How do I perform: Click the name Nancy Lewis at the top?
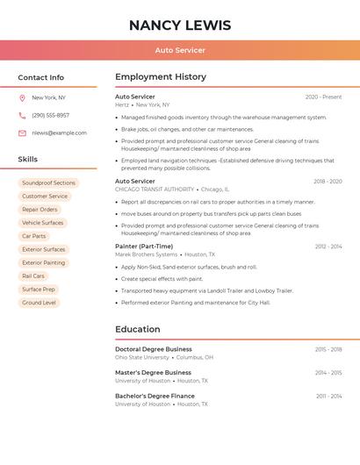click(180, 25)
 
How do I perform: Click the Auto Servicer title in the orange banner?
click(180, 50)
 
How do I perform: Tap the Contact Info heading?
click(41, 77)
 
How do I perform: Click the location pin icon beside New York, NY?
click(22, 98)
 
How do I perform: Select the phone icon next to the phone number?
click(22, 115)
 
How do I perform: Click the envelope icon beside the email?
click(22, 133)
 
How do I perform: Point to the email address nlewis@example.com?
click(59, 133)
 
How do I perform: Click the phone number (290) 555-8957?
click(50, 115)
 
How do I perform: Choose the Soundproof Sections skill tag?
click(48, 182)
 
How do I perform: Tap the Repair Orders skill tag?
click(40, 210)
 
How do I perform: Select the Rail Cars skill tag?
click(33, 275)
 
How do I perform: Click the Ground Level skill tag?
click(39, 303)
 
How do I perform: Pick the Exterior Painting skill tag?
click(43, 262)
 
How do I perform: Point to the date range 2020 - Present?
click(323, 97)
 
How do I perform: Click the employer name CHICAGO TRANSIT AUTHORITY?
click(155, 190)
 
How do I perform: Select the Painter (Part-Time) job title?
click(144, 247)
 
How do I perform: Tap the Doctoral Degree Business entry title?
click(153, 349)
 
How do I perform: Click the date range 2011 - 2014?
click(328, 396)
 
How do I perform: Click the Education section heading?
click(137, 329)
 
